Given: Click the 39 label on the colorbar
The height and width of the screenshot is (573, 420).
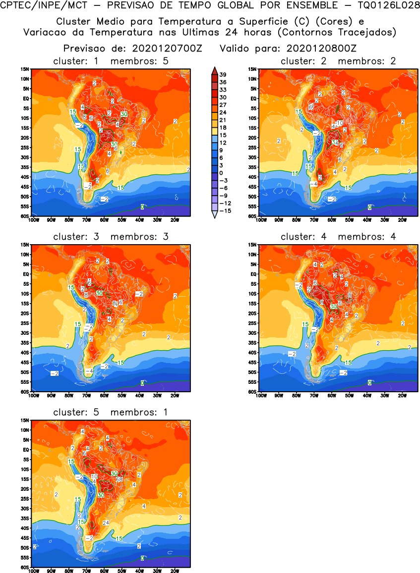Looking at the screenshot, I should (223, 74).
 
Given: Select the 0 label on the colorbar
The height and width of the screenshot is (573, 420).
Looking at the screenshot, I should (223, 172).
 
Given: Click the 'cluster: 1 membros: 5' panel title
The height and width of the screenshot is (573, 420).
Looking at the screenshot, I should (111, 61).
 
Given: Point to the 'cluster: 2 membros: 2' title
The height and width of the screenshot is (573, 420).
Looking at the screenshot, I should (338, 61).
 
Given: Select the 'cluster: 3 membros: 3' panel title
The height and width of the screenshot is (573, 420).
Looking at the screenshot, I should (111, 236).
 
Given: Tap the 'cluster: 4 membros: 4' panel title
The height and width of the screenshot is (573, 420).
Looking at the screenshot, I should (338, 236).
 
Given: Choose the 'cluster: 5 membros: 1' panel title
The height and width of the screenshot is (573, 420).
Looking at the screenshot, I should (111, 412).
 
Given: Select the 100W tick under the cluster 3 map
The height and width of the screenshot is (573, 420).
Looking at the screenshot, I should (33, 395).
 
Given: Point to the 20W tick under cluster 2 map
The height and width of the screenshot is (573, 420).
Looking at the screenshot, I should (402, 220).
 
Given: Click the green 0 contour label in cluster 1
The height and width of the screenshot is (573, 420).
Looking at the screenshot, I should (142, 207).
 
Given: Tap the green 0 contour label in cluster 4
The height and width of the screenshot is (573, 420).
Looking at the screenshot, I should (370, 382).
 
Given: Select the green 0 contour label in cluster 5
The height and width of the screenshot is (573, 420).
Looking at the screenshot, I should (142, 558).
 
